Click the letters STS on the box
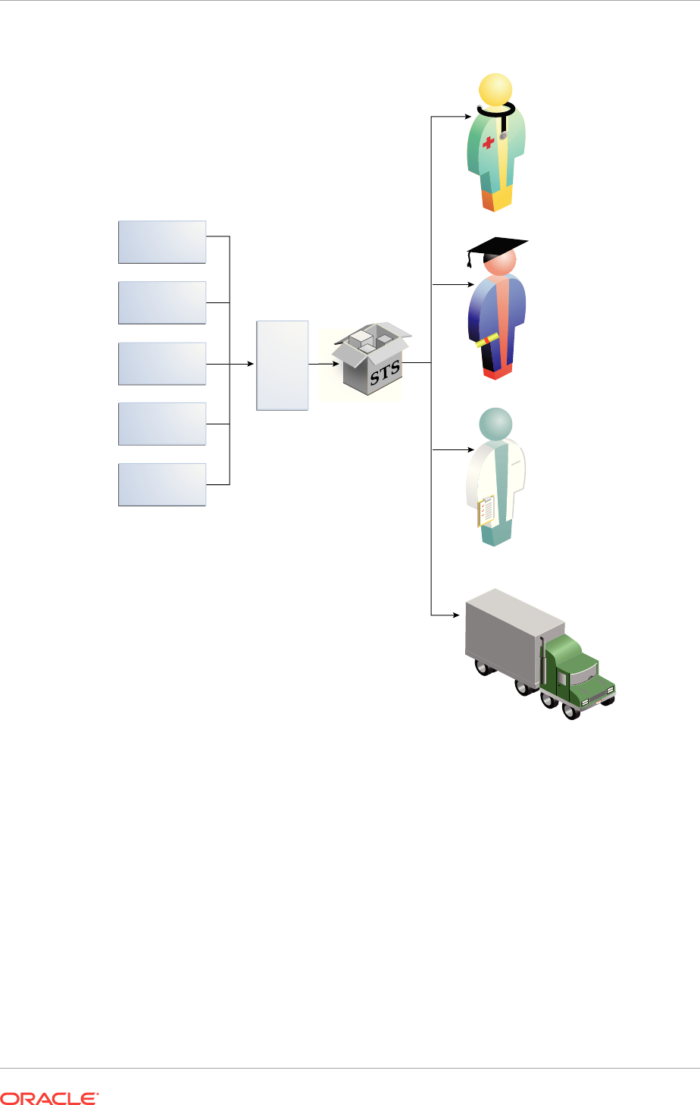[x=385, y=374]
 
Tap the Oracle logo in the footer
[x=50, y=1097]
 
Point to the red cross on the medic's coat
[x=489, y=141]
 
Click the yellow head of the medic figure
[x=496, y=89]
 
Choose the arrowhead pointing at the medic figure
[x=467, y=117]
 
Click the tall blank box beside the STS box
[x=283, y=365]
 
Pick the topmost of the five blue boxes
[x=162, y=242]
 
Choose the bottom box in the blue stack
[x=162, y=484]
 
